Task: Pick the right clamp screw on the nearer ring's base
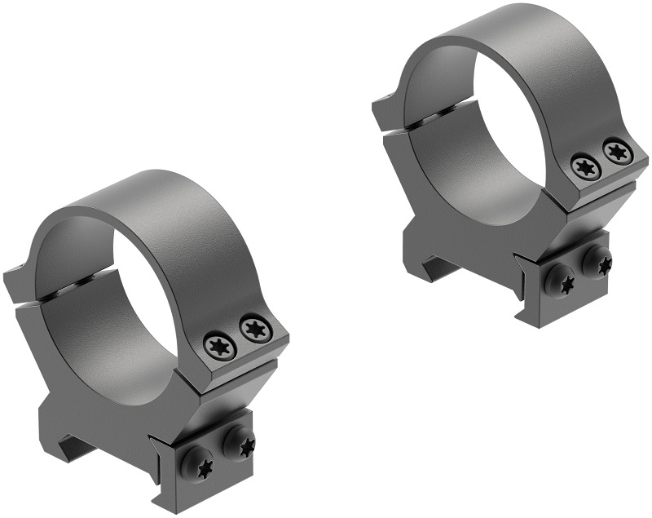[238, 445]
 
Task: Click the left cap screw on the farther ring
[586, 167]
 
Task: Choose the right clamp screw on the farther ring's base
[598, 263]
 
